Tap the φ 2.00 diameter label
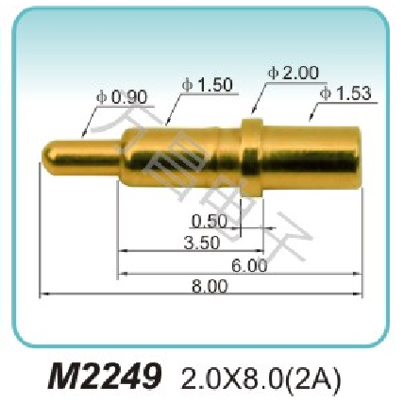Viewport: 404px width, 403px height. [x=294, y=73]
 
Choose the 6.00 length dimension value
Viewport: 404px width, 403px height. [x=250, y=266]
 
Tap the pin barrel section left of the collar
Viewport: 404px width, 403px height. [x=179, y=157]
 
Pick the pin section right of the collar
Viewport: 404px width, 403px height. [x=311, y=157]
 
